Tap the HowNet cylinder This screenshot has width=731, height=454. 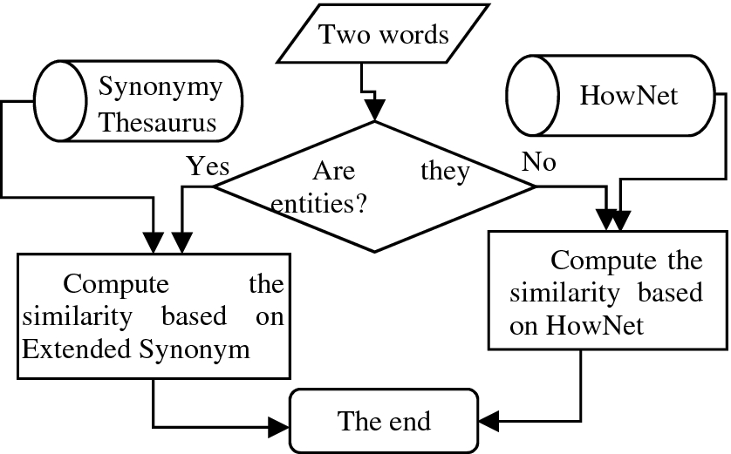(x=616, y=95)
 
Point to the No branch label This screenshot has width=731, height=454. (x=539, y=161)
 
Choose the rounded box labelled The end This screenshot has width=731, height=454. (x=384, y=422)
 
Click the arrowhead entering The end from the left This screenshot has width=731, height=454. (x=280, y=426)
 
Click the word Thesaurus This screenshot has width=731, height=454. (x=157, y=123)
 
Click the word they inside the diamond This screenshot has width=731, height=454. (x=445, y=171)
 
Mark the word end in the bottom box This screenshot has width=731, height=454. (x=408, y=422)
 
